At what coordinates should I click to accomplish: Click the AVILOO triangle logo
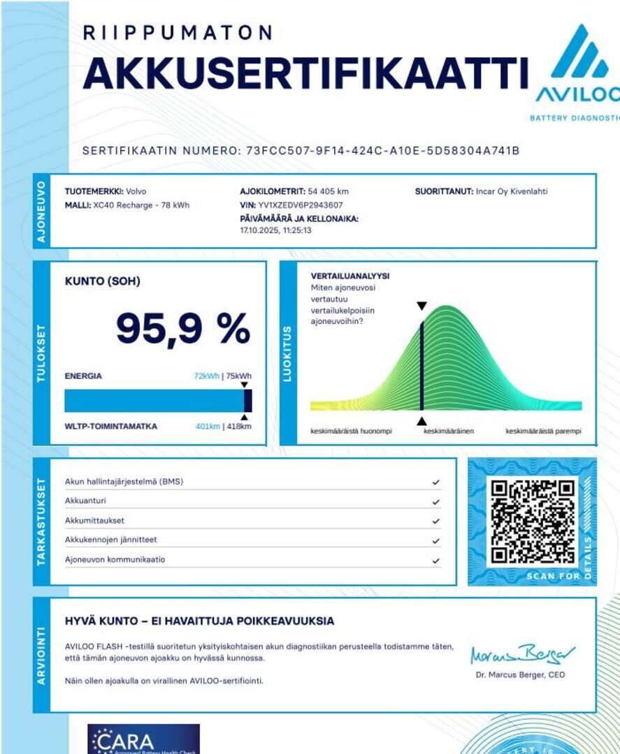click(579, 52)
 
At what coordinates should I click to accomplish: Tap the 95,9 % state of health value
click(182, 329)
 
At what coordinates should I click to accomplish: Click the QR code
click(533, 522)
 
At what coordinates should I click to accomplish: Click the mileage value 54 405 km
click(329, 191)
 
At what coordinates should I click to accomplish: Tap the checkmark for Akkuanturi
click(435, 501)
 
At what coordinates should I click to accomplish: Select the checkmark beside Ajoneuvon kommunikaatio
click(435, 560)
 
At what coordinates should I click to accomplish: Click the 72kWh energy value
click(206, 376)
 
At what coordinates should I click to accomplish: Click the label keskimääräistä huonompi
click(351, 431)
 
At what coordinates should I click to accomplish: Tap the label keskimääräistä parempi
click(543, 431)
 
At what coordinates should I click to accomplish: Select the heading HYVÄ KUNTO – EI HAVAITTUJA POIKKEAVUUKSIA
click(199, 621)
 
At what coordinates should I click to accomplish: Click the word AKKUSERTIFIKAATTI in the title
click(305, 72)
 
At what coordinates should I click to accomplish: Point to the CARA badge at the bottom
click(143, 739)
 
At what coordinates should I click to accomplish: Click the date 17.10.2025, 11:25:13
click(275, 230)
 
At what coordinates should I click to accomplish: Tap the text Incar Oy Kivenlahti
click(512, 191)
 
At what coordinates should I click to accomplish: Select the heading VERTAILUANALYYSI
click(350, 276)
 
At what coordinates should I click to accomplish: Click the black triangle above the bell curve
click(421, 306)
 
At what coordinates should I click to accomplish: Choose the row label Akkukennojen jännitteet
click(110, 540)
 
